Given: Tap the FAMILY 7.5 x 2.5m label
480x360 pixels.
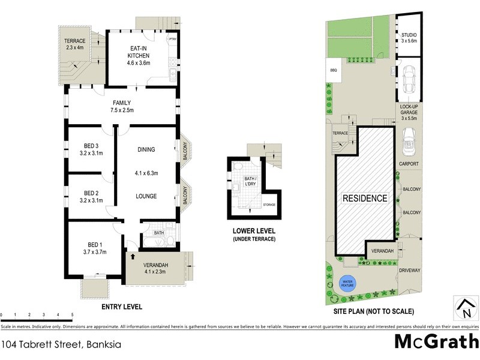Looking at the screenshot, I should [x=122, y=107].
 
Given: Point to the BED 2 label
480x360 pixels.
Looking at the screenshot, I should [x=91, y=196].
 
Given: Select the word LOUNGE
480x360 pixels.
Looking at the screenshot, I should [x=146, y=196].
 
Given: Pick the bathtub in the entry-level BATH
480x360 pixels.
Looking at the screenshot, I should [x=157, y=242].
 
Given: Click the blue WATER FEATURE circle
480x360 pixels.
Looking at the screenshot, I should [x=347, y=283].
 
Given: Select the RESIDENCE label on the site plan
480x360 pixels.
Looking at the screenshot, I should [x=365, y=198].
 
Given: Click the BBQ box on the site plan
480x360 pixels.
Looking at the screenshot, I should [x=334, y=70].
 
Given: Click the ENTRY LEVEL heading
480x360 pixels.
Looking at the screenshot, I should [x=122, y=307].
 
